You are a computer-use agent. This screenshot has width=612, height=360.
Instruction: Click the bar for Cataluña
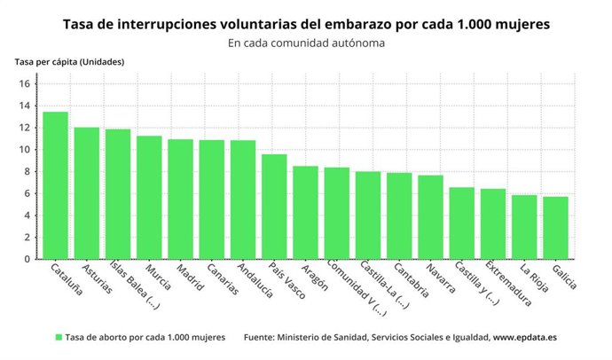pyautogui.click(x=55, y=185)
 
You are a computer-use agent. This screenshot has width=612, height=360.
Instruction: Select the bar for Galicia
pyautogui.click(x=555, y=228)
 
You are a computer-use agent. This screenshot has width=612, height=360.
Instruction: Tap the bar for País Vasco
pyautogui.click(x=274, y=207)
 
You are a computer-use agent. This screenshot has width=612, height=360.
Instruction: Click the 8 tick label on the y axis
pyautogui.click(x=27, y=172)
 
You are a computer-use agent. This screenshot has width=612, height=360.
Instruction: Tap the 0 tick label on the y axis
pyautogui.click(x=27, y=260)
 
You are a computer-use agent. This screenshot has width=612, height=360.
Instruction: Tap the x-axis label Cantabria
pyautogui.click(x=403, y=281)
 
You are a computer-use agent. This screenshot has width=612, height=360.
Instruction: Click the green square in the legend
pyautogui.click(x=59, y=338)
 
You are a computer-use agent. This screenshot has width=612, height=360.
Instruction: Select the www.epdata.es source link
pyautogui.click(x=525, y=338)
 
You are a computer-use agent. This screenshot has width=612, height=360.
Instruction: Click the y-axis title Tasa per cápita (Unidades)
pyautogui.click(x=69, y=61)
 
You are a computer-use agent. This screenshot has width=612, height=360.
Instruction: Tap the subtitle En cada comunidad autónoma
pyautogui.click(x=306, y=42)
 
